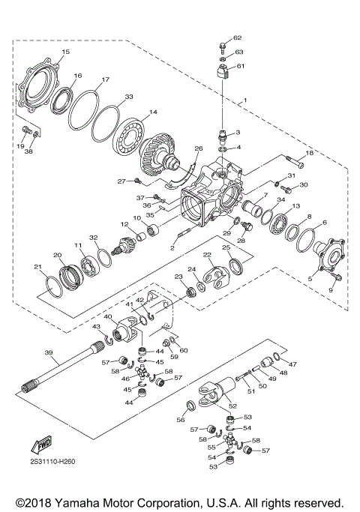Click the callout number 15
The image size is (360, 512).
(x=65, y=52)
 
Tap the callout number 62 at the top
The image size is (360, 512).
(x=238, y=37)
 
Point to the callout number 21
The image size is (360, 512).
(x=37, y=267)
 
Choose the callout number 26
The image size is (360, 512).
(x=199, y=149)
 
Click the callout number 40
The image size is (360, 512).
(x=106, y=317)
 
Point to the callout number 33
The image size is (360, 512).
(x=130, y=97)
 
